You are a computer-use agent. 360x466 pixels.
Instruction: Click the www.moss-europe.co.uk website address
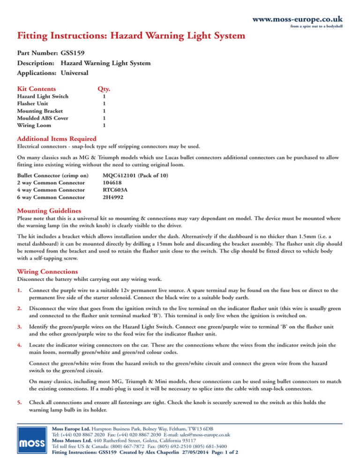(297, 20)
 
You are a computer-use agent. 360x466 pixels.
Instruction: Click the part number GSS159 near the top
(73, 53)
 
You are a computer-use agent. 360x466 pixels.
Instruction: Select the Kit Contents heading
(37, 88)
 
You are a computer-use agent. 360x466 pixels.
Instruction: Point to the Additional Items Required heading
(57, 139)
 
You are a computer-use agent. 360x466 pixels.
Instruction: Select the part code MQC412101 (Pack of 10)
(135, 175)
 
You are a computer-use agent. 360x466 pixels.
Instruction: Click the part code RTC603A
(114, 190)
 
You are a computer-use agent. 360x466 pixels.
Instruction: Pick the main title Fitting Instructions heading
(131, 35)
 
